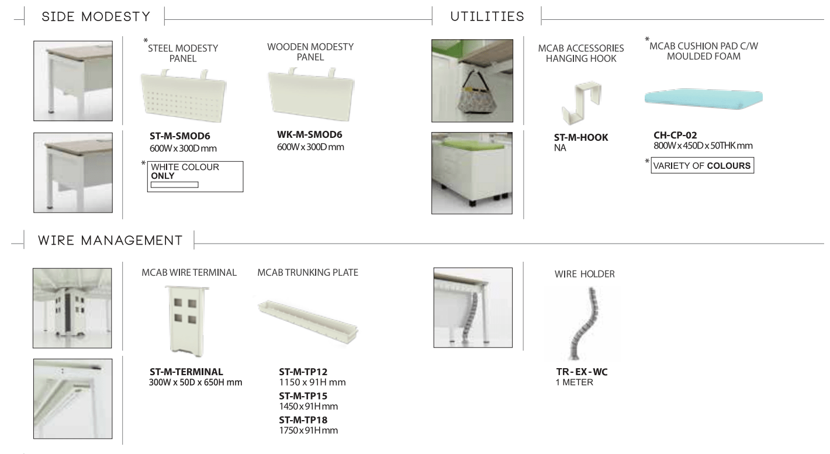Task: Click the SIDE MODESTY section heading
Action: click(x=96, y=17)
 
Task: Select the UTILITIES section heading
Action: click(x=487, y=17)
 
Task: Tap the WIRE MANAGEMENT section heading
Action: click(x=110, y=241)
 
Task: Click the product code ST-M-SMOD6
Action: click(x=179, y=136)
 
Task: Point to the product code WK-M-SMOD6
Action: click(x=309, y=135)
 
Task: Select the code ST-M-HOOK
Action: click(x=580, y=137)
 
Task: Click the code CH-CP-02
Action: click(x=675, y=135)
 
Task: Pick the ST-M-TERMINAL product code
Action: click(x=186, y=372)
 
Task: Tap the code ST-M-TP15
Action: click(x=303, y=396)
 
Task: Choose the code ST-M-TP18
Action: click(x=303, y=420)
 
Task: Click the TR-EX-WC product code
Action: click(x=582, y=372)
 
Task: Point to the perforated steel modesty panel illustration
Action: click(x=184, y=96)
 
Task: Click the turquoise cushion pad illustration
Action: click(x=704, y=99)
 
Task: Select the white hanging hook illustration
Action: click(x=580, y=102)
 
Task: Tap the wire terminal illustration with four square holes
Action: click(x=187, y=321)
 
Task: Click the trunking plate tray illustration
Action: click(x=308, y=321)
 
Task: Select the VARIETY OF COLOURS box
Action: click(x=702, y=165)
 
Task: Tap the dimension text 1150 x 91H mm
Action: click(x=312, y=382)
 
